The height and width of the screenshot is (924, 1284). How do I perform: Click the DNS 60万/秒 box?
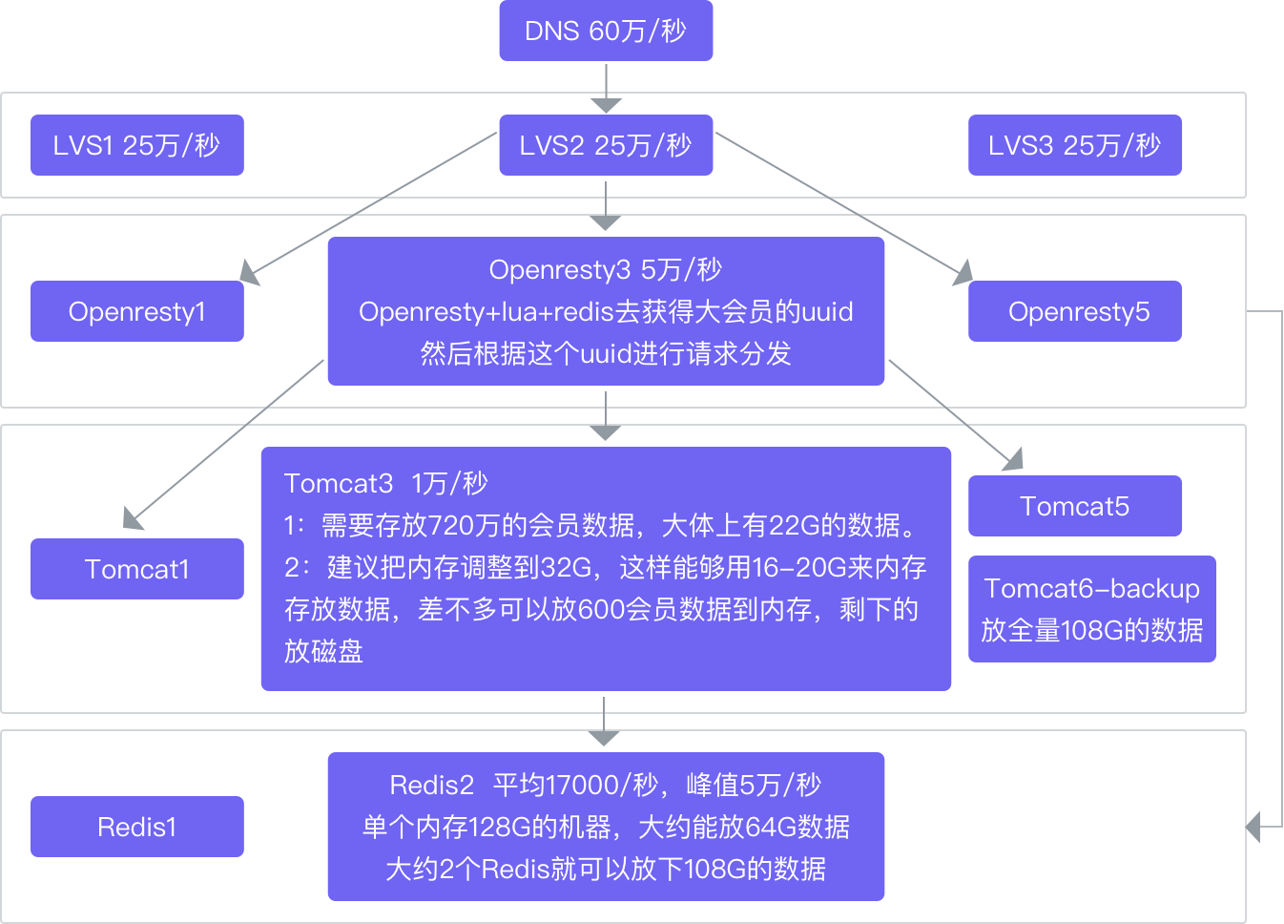(606, 31)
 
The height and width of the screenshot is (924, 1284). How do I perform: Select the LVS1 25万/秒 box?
(136, 145)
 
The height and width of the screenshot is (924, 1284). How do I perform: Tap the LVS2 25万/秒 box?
(606, 145)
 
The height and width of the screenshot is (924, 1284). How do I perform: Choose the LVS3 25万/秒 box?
(1074, 145)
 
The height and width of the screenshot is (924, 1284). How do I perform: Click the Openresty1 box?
(136, 311)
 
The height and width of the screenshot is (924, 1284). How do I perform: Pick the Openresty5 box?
(1074, 311)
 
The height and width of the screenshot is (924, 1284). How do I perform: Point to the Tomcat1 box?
(136, 569)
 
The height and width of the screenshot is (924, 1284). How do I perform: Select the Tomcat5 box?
(1074, 506)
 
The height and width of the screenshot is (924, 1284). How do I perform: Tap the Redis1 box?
(136, 827)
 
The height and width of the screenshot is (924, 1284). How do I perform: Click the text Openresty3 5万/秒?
(606, 270)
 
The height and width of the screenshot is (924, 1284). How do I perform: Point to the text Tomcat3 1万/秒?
(385, 484)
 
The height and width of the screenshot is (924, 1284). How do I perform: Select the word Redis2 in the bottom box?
(431, 786)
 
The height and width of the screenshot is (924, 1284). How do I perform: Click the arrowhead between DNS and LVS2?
(606, 104)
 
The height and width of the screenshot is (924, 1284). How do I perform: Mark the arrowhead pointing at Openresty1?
(250, 273)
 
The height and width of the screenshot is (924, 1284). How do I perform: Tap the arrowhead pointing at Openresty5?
(963, 273)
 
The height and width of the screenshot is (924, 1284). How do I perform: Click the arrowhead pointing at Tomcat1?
(134, 518)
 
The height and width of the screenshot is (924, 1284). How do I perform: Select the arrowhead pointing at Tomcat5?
(1013, 460)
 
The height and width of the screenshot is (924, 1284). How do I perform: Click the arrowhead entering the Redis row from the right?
(1254, 826)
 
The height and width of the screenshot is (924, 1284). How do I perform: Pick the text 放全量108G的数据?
(1091, 631)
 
